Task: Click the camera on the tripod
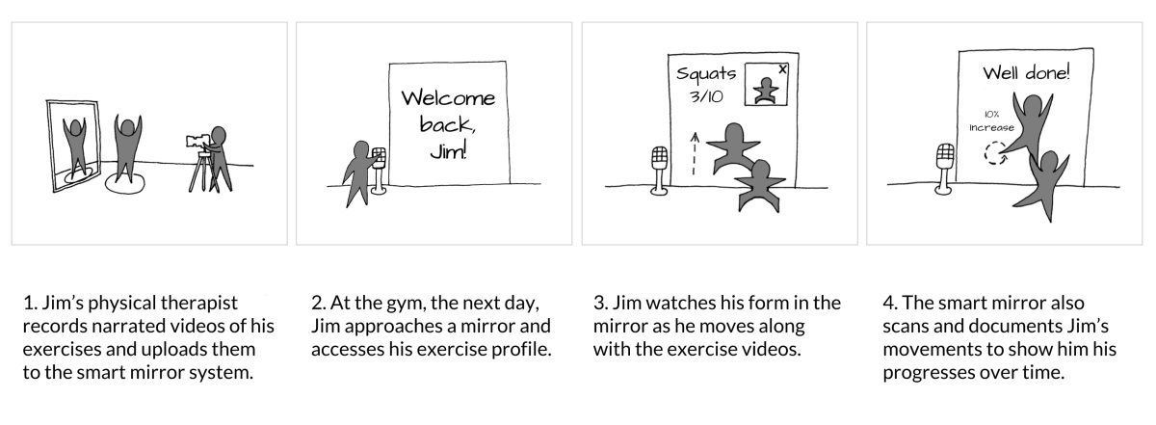pos(198,141)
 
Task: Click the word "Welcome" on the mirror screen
pos(448,98)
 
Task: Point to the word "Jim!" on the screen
pos(448,150)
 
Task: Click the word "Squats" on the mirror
pos(706,74)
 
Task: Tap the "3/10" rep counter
pos(706,96)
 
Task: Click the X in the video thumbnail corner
pos(782,69)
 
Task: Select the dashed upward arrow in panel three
pos(695,154)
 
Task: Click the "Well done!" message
pos(1026,73)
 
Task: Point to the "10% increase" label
pos(991,121)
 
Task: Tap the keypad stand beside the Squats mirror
pos(659,171)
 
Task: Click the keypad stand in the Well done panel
pos(944,170)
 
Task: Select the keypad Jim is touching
pos(379,157)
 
